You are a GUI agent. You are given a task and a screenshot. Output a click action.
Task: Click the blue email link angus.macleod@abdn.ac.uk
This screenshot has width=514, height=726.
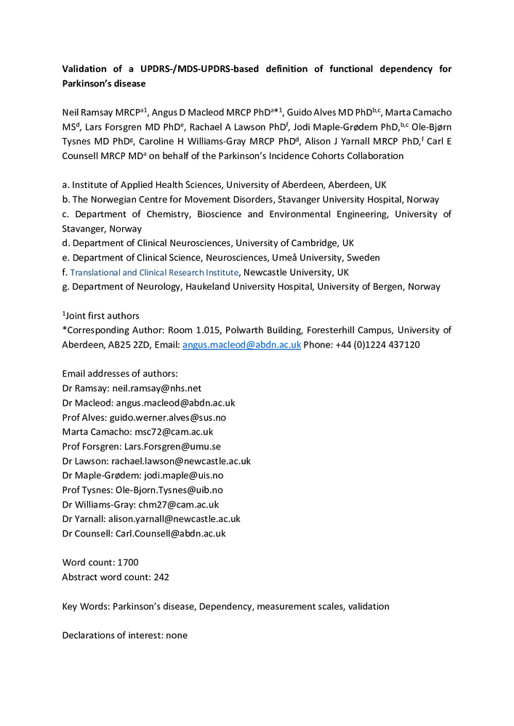click(241, 345)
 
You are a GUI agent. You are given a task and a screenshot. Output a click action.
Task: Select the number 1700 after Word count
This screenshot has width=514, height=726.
click(125, 562)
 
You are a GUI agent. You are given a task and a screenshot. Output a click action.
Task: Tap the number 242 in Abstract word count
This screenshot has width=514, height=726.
click(161, 576)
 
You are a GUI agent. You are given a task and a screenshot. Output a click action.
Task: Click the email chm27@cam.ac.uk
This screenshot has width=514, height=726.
click(182, 505)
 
